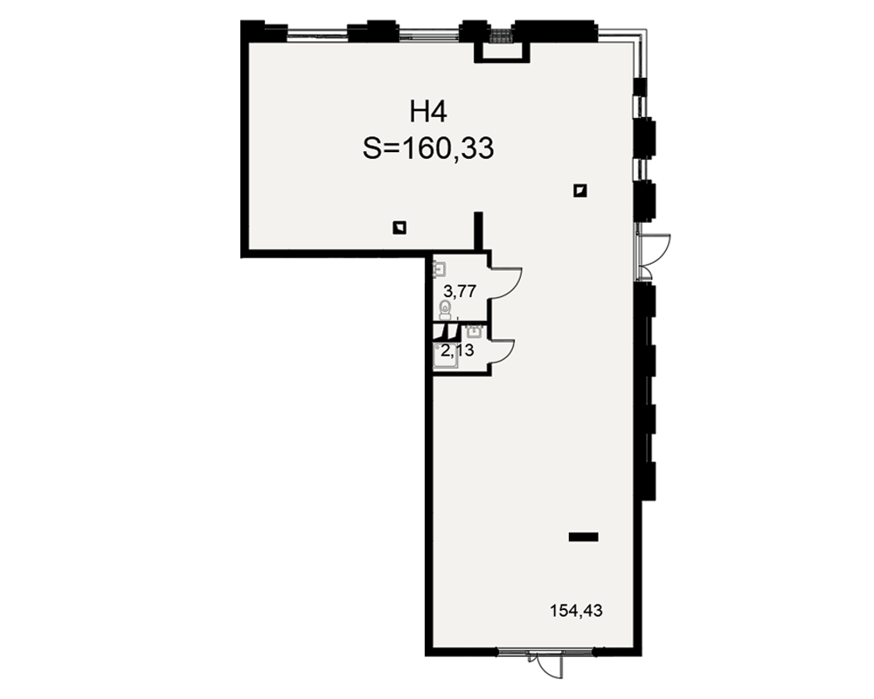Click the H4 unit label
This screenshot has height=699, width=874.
[428, 112]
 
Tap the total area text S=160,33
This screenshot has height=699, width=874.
[428, 149]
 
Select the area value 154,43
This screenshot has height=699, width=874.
[576, 611]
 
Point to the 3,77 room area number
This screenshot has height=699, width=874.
[460, 291]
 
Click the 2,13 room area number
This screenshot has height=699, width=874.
[457, 350]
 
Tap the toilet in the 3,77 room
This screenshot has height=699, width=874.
[445, 310]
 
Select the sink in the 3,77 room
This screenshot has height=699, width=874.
[440, 270]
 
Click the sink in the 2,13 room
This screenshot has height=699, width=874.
[474, 332]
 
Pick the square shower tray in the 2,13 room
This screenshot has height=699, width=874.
[446, 356]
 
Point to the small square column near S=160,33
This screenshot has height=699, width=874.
[399, 227]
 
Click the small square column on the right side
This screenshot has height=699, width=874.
[580, 190]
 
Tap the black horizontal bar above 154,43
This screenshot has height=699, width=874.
[584, 536]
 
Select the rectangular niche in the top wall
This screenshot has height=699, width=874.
[501, 52]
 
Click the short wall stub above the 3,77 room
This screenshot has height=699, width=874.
[478, 231]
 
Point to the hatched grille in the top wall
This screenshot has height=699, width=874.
[501, 36]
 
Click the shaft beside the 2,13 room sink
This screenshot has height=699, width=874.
[447, 332]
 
